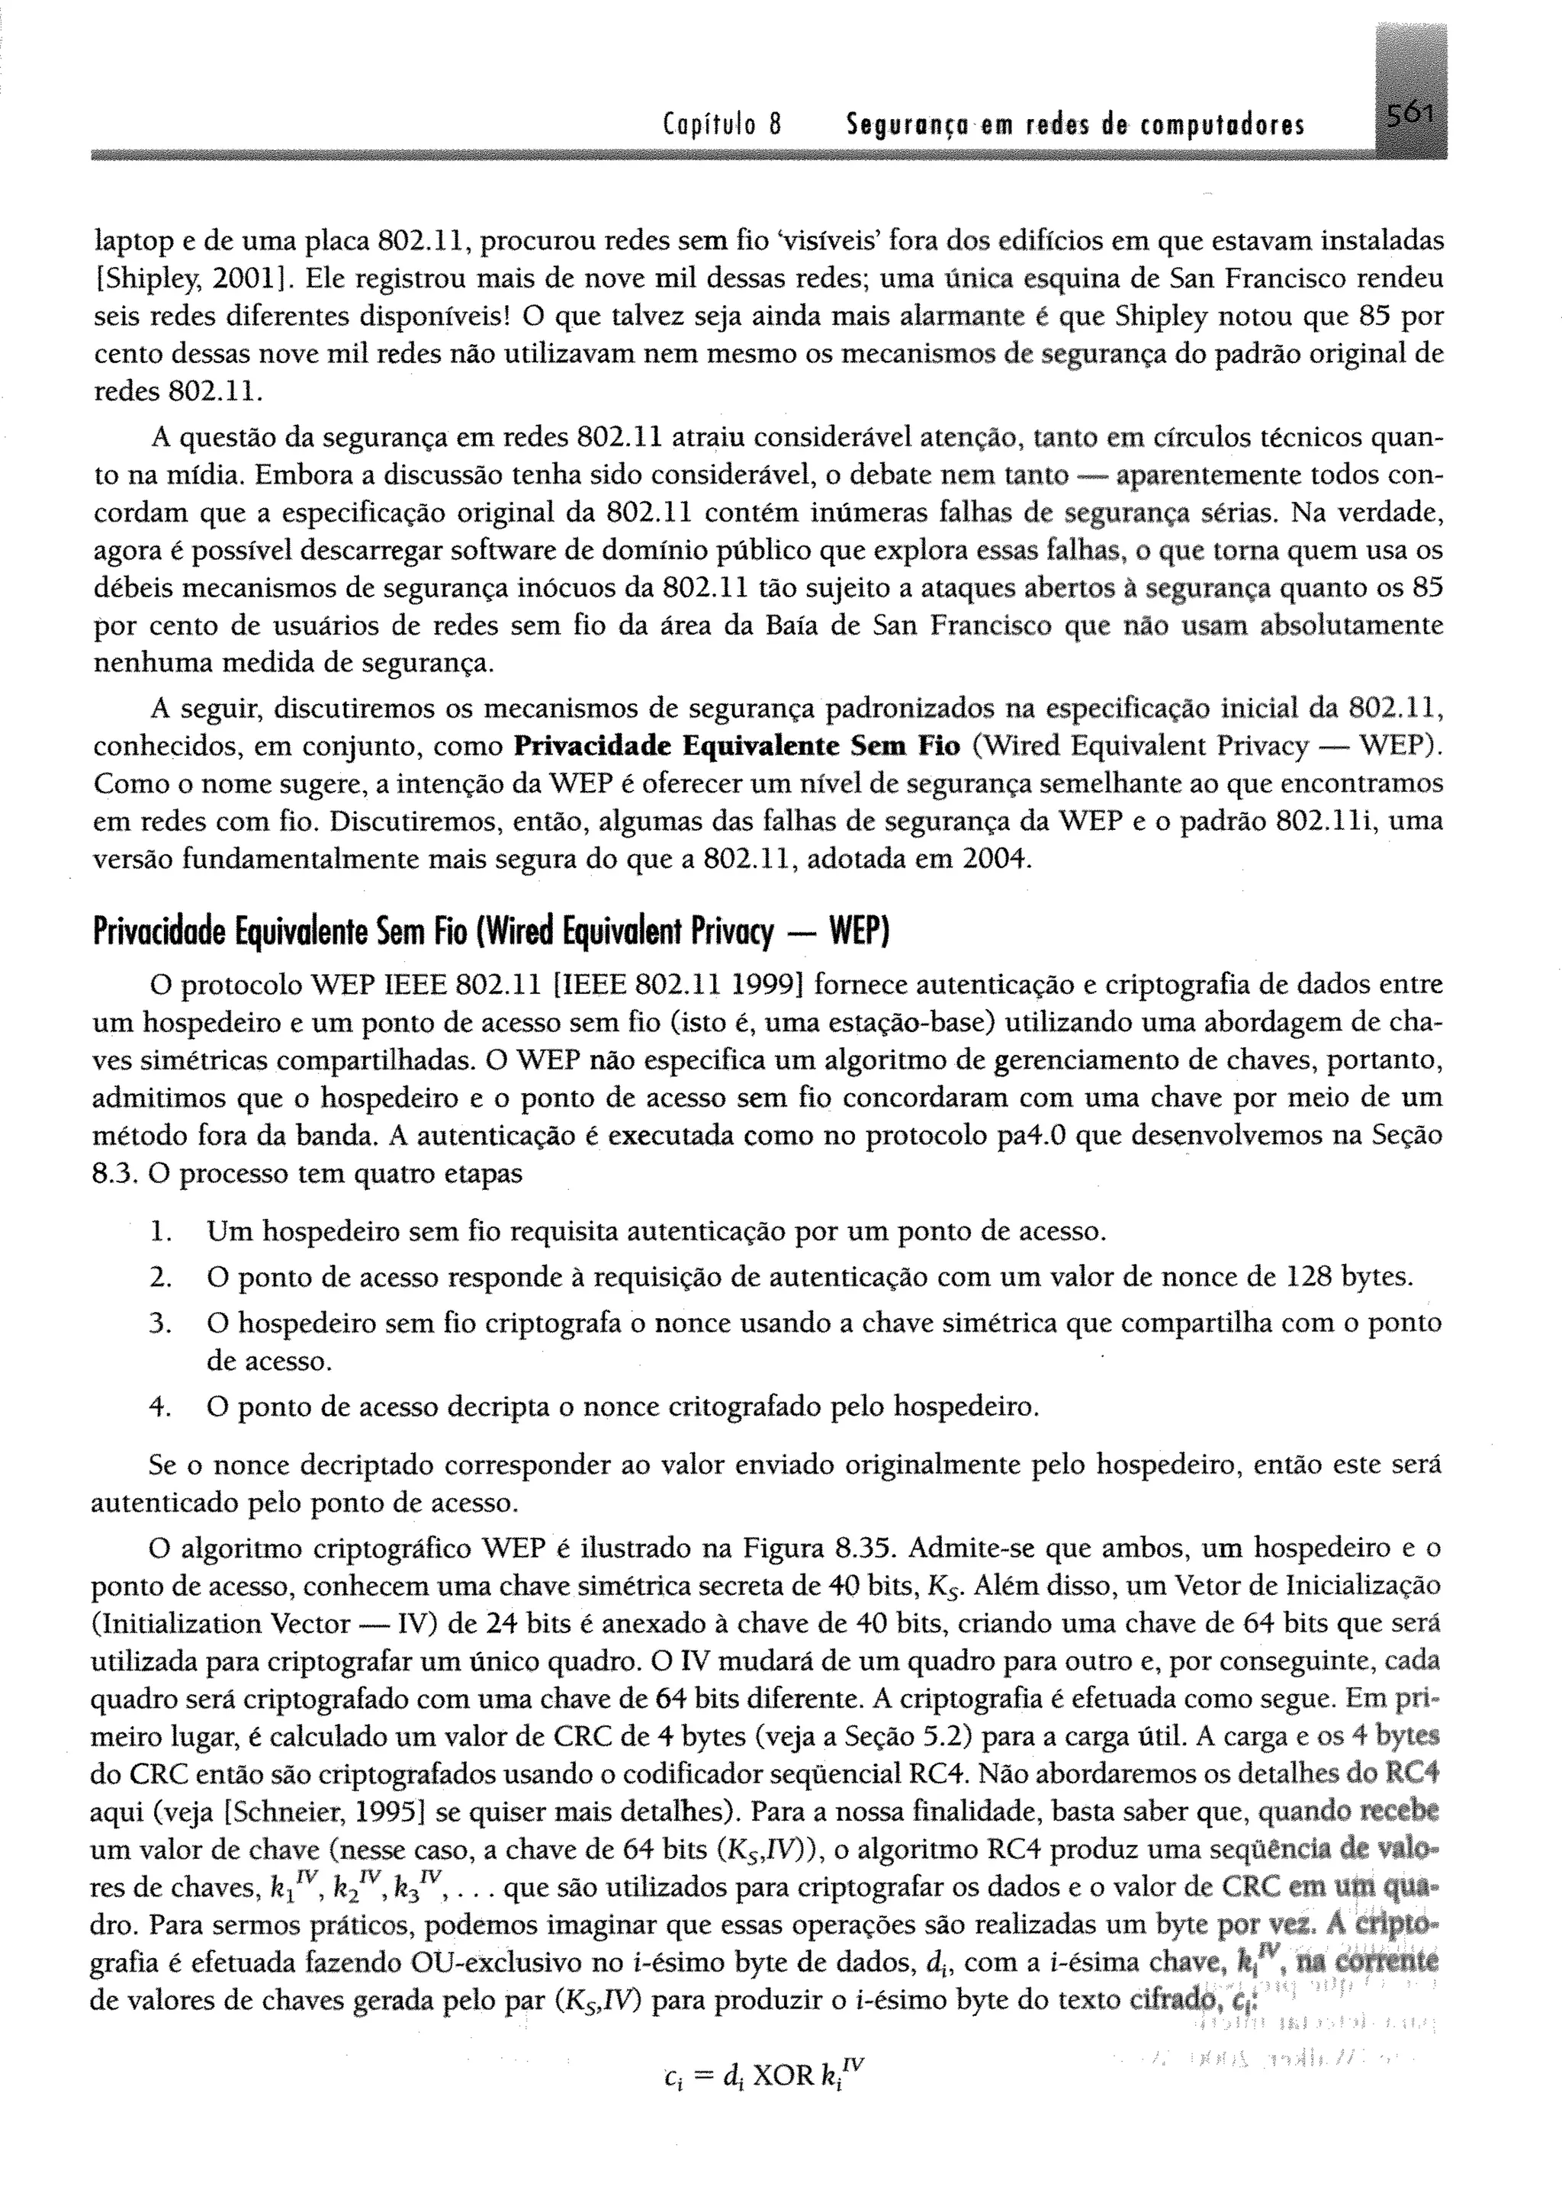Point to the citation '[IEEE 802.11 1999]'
pyautogui.click(x=678, y=986)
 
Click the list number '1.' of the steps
pyautogui.click(x=161, y=1230)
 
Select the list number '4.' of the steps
pyautogui.click(x=161, y=1407)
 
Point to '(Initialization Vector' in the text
pyautogui.click(x=220, y=1624)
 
